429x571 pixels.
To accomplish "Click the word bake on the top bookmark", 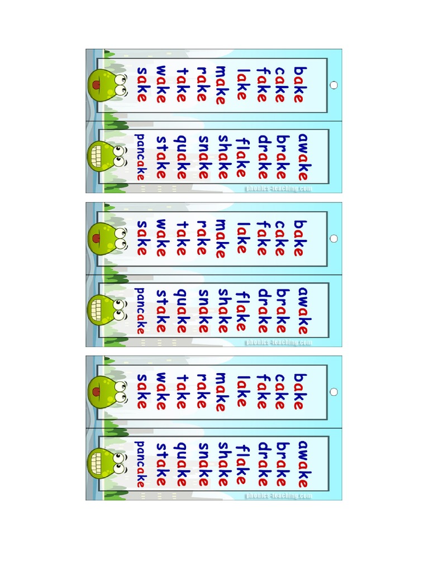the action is [x=301, y=85].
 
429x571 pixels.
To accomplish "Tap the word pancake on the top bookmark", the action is [x=141, y=157].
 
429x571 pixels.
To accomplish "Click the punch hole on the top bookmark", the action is [x=334, y=85].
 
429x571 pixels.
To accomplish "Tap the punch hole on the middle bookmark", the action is [x=334, y=239].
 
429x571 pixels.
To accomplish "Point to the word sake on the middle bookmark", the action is [x=142, y=239].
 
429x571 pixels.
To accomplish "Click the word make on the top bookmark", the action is [x=220, y=85].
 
